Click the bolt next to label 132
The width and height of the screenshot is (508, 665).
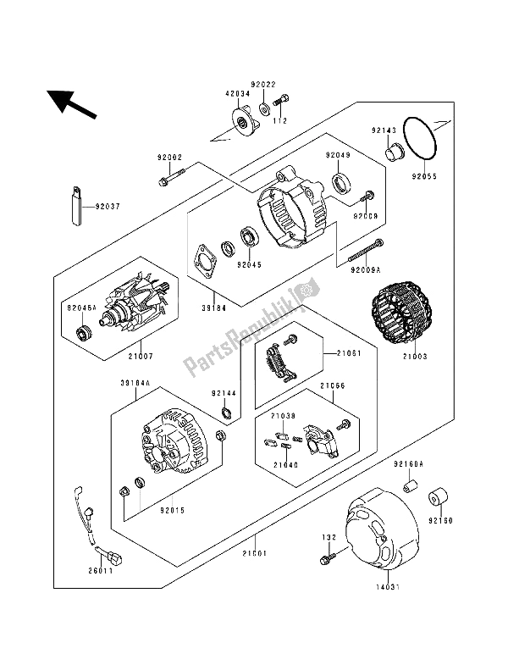pyautogui.click(x=325, y=560)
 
